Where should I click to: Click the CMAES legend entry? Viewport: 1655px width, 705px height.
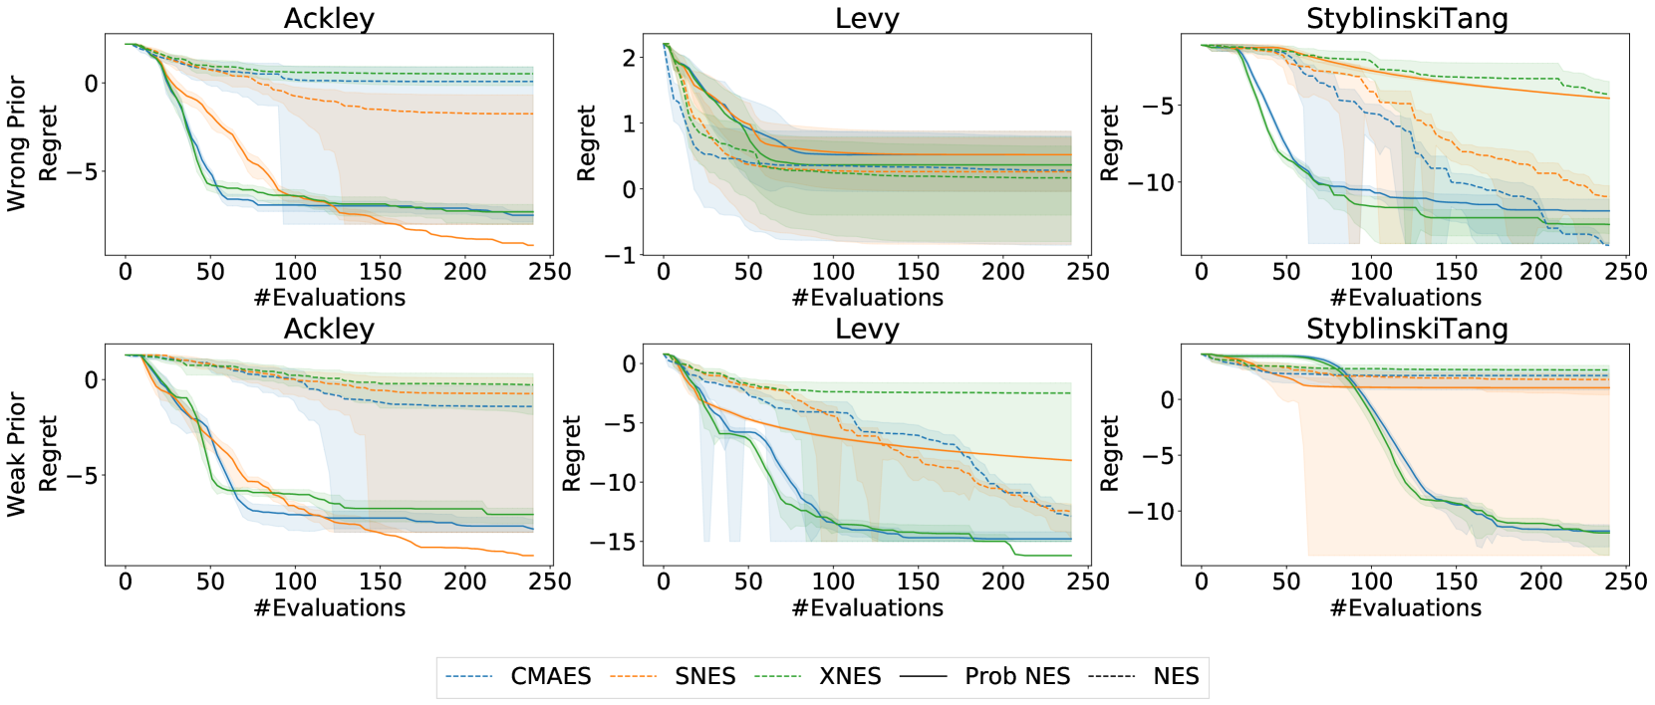pos(550,676)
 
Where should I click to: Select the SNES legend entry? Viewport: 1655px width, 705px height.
pos(704,676)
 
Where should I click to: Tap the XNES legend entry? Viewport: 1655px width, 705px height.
pos(849,676)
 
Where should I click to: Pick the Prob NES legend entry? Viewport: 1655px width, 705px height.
pos(1016,676)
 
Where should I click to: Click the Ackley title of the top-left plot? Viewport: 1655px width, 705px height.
pos(329,18)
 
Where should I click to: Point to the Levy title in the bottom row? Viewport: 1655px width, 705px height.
pos(867,329)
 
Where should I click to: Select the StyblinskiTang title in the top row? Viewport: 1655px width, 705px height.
pos(1406,18)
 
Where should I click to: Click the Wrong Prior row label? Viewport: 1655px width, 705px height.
pos(16,143)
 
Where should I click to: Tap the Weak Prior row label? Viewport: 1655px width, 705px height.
pos(16,454)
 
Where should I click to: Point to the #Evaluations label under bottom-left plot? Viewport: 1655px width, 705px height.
pos(329,607)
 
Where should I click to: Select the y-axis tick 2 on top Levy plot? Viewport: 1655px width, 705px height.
pos(629,58)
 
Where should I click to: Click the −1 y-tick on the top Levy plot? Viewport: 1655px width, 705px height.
pos(621,255)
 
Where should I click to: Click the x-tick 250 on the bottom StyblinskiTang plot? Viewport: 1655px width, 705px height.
pos(1625,582)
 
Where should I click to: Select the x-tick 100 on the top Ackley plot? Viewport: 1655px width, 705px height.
pos(295,271)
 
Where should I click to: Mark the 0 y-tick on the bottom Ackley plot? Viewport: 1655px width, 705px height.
pos(92,379)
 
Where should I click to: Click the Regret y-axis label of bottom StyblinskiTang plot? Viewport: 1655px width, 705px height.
pos(1109,454)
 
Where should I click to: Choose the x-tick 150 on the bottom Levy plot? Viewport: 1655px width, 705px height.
pos(918,582)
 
